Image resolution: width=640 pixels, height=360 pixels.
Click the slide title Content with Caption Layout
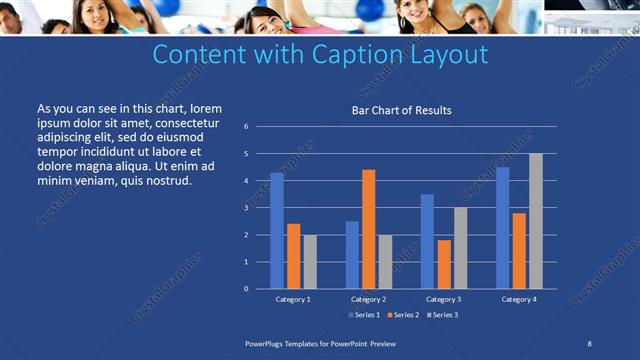click(x=320, y=54)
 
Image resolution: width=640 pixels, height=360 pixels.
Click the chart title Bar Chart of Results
click(x=401, y=110)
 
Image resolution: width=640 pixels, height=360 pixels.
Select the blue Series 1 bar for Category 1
click(x=277, y=231)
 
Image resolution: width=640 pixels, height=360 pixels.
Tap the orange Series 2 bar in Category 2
click(x=369, y=229)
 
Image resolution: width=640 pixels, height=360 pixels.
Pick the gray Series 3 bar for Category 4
click(x=536, y=221)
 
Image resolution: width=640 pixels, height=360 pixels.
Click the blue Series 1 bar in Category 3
click(x=427, y=241)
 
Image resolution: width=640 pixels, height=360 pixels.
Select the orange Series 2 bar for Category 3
click(x=444, y=264)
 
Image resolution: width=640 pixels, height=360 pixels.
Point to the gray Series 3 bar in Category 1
click(x=310, y=261)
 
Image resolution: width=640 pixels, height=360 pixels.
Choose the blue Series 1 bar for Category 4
click(x=503, y=228)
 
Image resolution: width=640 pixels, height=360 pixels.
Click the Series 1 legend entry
click(x=365, y=315)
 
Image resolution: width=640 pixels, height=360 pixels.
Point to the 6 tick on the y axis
click(x=246, y=127)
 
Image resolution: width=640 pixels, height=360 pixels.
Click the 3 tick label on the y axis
click(x=246, y=208)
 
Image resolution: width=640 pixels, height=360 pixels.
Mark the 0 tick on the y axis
click(x=246, y=289)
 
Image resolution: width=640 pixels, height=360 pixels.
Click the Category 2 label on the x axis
click(x=369, y=299)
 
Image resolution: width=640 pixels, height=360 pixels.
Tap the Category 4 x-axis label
click(x=519, y=299)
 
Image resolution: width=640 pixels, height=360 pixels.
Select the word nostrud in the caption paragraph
click(x=167, y=180)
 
